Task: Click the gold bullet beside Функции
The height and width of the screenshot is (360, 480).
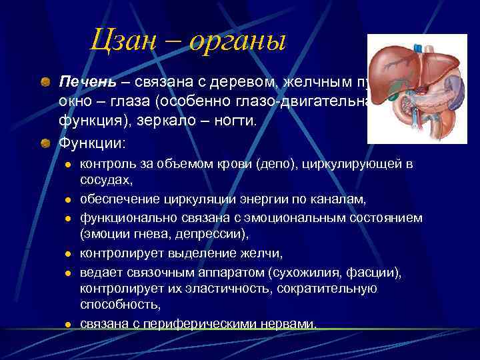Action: tap(45, 143)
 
